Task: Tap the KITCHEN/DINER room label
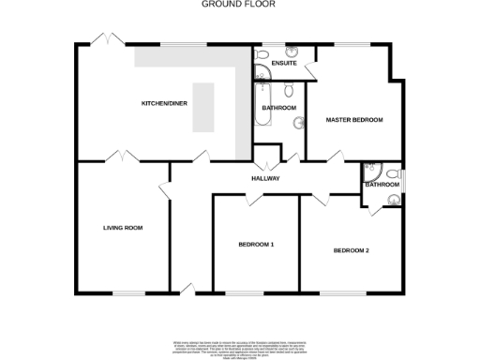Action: point(160,102)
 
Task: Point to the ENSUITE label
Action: point(284,63)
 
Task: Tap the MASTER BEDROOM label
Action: point(353,120)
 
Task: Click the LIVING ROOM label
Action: point(123,228)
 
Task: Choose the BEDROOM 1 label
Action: point(256,245)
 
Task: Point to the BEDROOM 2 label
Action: point(352,250)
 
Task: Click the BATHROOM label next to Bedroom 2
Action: point(382,185)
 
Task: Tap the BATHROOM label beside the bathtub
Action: point(279,108)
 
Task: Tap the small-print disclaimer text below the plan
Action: point(239,348)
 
